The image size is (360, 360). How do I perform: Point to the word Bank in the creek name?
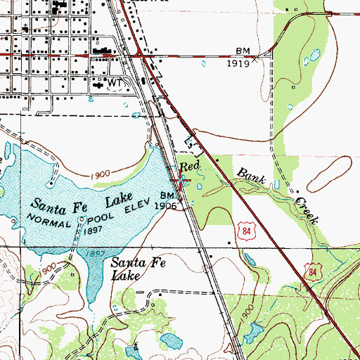(251, 176)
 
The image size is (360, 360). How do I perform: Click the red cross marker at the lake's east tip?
(180, 181)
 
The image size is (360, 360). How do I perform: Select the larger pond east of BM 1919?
(314, 53)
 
